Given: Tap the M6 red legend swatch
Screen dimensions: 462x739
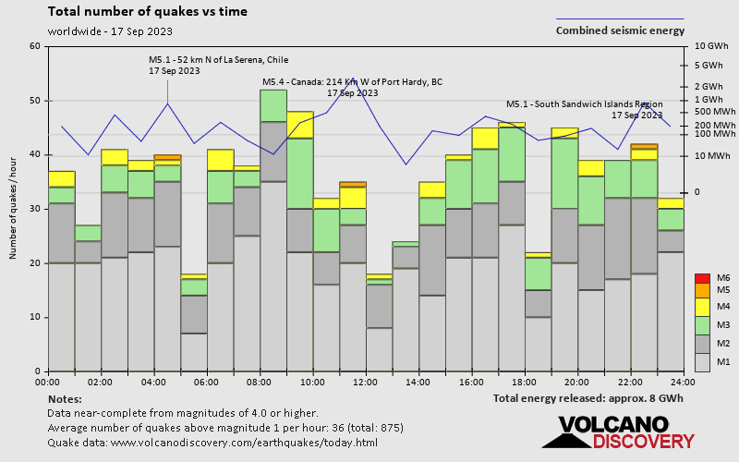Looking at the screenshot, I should [x=702, y=278].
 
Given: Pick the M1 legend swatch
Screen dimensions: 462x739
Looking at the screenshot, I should [x=702, y=360].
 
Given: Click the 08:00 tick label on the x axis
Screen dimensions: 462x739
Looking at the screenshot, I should [x=260, y=382].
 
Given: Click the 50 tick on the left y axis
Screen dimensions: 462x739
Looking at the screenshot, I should [x=34, y=101].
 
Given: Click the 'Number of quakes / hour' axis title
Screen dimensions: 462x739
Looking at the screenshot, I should [x=14, y=209].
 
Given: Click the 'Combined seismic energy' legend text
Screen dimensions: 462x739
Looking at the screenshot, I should [x=620, y=30].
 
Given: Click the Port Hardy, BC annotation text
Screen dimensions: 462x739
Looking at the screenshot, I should [x=353, y=82].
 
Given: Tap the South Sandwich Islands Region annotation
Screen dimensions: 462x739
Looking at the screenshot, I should [x=585, y=103].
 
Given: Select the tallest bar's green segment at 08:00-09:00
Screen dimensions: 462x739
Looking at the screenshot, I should [x=273, y=105].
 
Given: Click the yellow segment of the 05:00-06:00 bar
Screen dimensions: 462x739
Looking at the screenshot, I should [x=193, y=276].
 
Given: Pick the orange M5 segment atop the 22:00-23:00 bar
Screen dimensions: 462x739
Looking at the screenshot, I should [x=644, y=146].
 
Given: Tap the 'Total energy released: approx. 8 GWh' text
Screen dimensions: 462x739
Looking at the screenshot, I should [x=588, y=398].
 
